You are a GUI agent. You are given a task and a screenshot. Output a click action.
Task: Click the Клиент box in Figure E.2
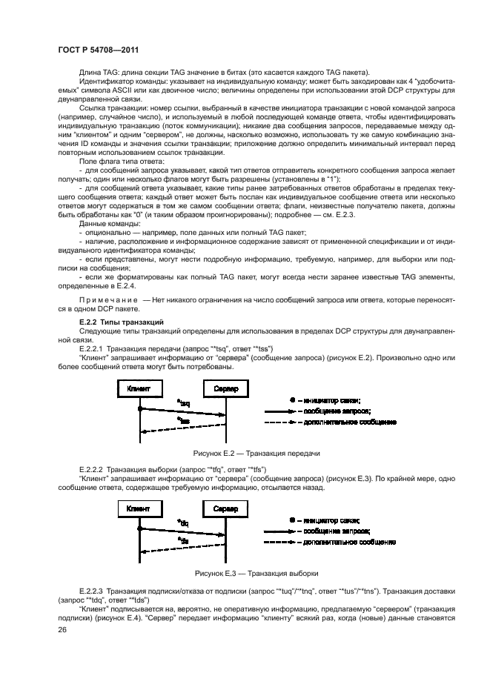pyautogui.click(x=139, y=388)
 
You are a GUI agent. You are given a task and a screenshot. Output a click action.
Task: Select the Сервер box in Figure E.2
pyautogui.click(x=226, y=388)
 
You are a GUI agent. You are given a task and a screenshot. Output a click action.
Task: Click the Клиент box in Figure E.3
pyautogui.click(x=139, y=510)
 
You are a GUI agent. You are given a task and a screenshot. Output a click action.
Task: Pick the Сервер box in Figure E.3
pyautogui.click(x=226, y=510)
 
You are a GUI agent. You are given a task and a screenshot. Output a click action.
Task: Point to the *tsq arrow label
pyautogui.click(x=182, y=403)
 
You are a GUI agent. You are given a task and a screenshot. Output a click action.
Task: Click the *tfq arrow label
pyautogui.click(x=182, y=524)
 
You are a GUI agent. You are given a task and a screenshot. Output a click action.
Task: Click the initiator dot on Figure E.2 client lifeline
pyautogui.click(x=139, y=408)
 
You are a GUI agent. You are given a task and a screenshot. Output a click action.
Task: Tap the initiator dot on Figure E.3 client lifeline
pyautogui.click(x=139, y=528)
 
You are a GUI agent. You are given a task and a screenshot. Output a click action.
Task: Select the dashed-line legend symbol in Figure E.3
pyautogui.click(x=282, y=543)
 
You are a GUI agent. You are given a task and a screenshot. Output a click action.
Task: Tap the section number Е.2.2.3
pyautogui.click(x=91, y=591)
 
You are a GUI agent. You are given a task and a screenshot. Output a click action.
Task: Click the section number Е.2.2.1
pyautogui.click(x=91, y=348)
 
